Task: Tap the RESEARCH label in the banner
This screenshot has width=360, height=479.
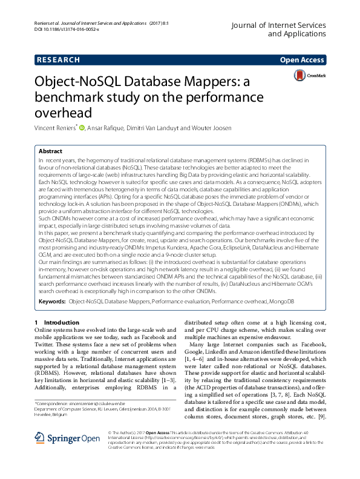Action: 58,60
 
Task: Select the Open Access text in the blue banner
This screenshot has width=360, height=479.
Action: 302,60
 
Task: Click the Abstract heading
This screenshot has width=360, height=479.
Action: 50,151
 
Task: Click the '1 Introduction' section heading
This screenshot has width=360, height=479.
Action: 57,323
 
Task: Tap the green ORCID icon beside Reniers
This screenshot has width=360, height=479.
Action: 82,127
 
